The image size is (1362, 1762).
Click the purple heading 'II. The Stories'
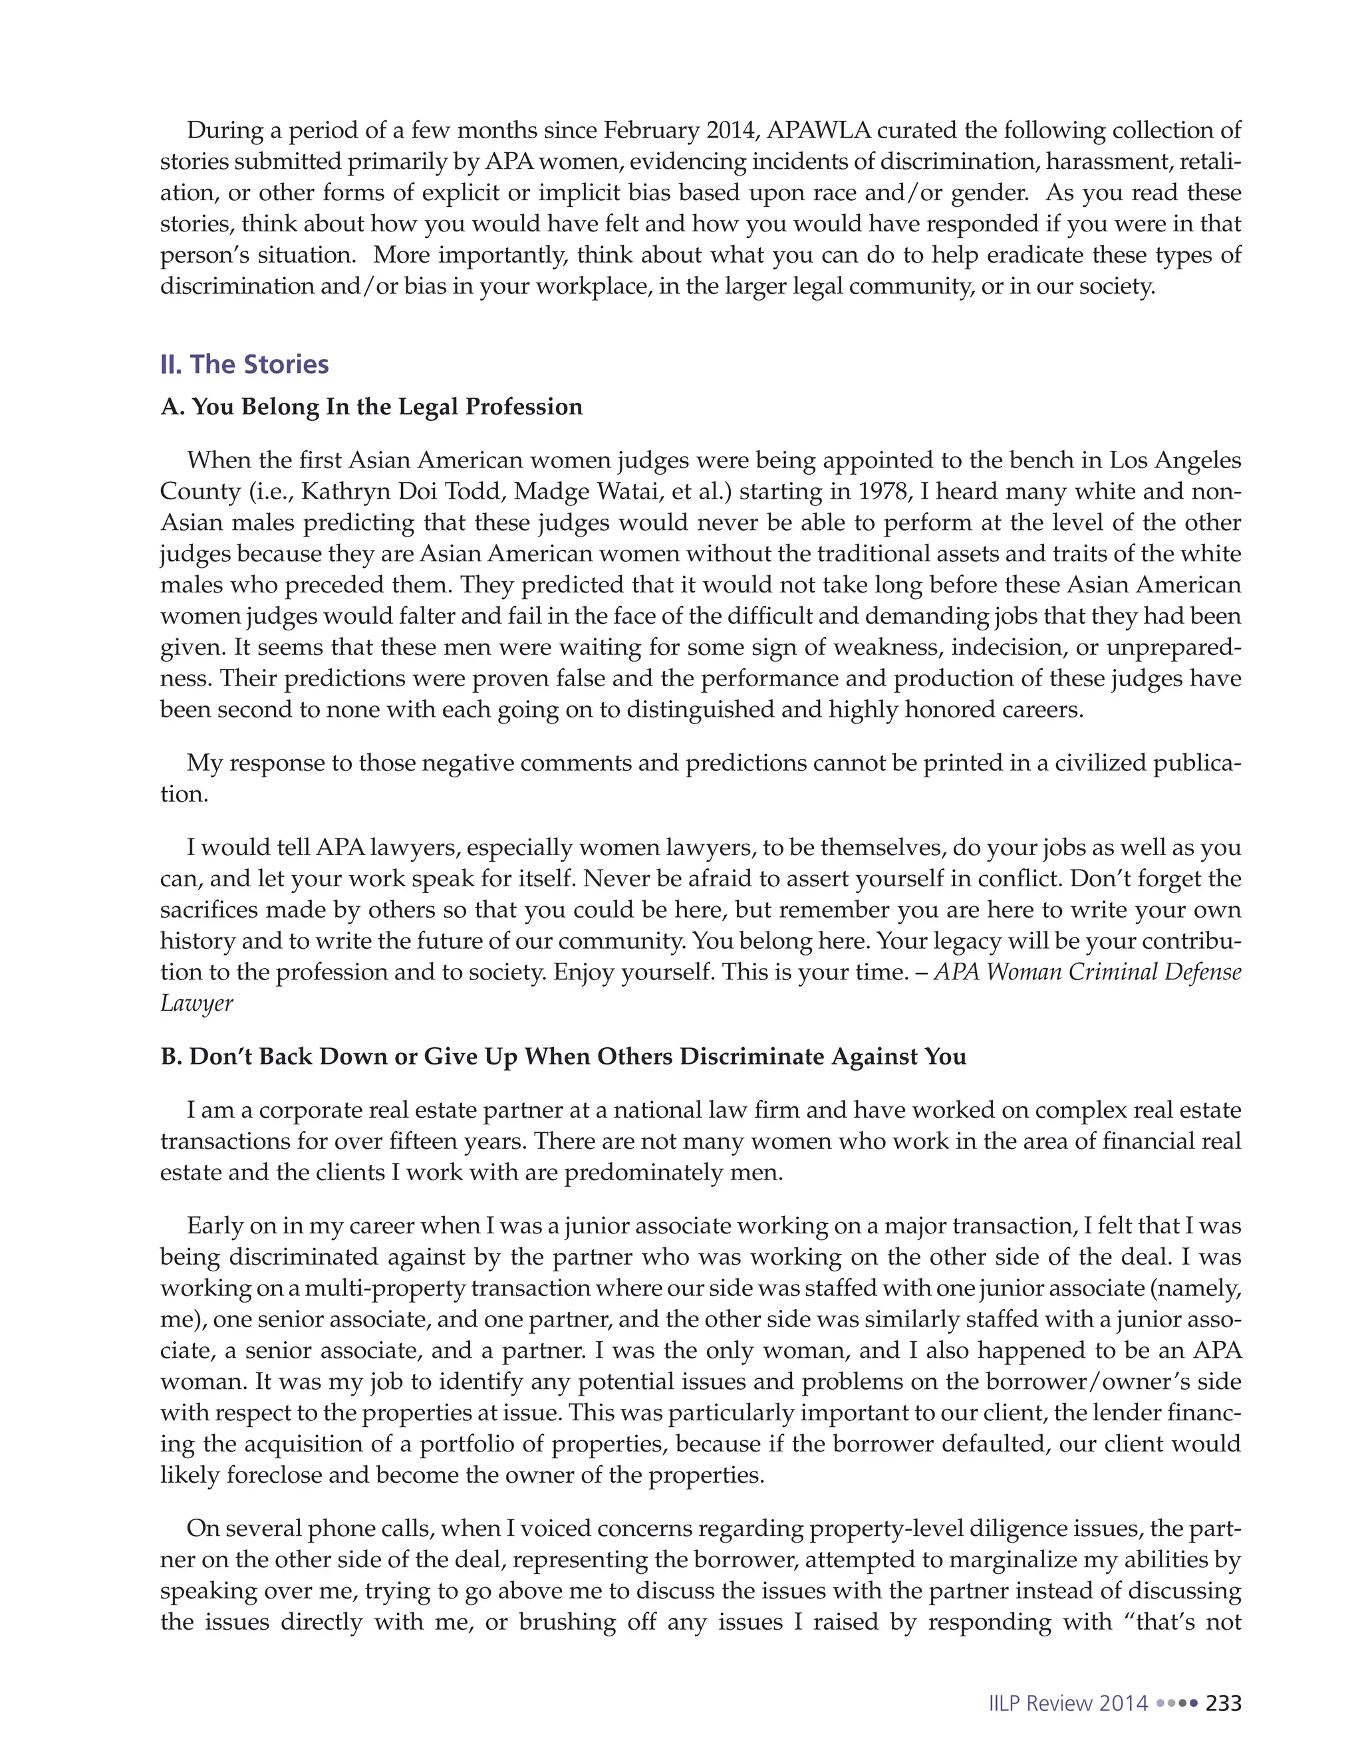pos(245,364)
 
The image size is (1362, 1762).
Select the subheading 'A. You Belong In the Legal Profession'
pos(371,407)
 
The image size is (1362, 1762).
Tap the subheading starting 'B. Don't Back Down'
pos(563,1057)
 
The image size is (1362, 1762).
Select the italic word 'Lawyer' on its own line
pos(196,1003)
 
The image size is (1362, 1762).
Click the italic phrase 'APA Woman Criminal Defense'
pos(1087,972)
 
